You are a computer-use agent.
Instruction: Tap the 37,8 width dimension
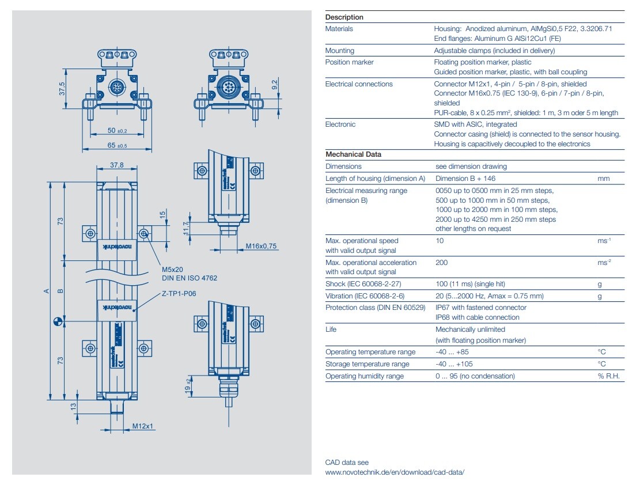[x=117, y=165]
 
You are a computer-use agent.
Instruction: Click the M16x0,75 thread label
[x=261, y=246]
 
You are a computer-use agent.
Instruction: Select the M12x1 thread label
[x=141, y=426]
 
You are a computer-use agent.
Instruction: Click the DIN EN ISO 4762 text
[x=190, y=278]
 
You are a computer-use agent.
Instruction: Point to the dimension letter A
[x=47, y=291]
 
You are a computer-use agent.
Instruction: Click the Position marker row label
[x=349, y=62]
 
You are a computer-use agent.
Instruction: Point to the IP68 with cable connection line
[x=477, y=317]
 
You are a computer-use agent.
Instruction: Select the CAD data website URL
[x=394, y=472]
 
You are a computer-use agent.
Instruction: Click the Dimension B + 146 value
[x=465, y=179]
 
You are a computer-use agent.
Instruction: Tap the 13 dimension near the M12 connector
[x=73, y=406]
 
